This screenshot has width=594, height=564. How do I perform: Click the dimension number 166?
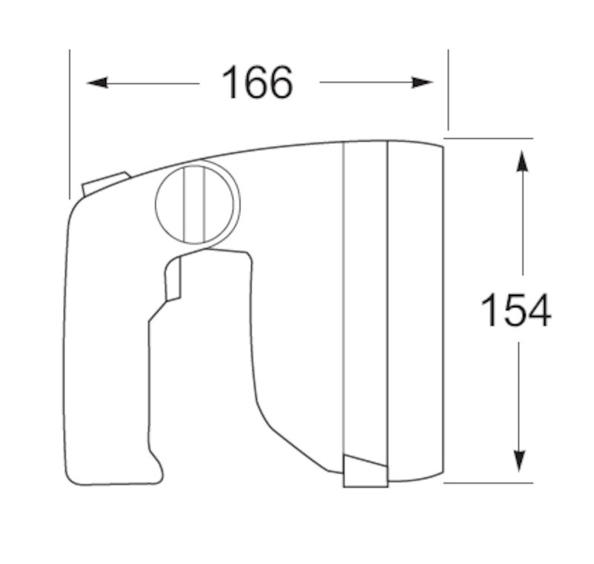258,82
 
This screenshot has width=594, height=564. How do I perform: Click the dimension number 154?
516,310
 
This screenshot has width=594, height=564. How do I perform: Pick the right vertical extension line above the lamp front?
448,89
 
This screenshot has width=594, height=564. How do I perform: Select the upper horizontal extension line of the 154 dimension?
490,138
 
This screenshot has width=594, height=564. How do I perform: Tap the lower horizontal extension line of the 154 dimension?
490,482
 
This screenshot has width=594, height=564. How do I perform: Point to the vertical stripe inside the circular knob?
194,204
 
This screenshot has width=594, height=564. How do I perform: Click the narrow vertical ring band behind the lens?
365,297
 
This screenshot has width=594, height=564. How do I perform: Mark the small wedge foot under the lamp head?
365,472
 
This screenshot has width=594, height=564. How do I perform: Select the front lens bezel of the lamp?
416,312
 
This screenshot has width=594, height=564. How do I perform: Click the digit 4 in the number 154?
537,310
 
